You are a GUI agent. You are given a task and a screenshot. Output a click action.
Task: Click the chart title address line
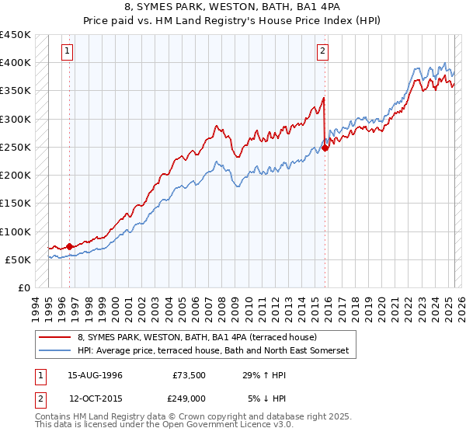[233, 8]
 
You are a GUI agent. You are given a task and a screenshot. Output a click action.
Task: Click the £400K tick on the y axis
[16, 63]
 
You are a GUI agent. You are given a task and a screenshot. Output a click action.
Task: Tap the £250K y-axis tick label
[16, 147]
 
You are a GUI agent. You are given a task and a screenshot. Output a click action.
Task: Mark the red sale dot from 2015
[325, 148]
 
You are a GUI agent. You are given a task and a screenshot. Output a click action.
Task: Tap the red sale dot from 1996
[69, 246]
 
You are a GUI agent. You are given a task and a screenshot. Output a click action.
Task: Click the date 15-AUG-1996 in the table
[95, 374]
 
